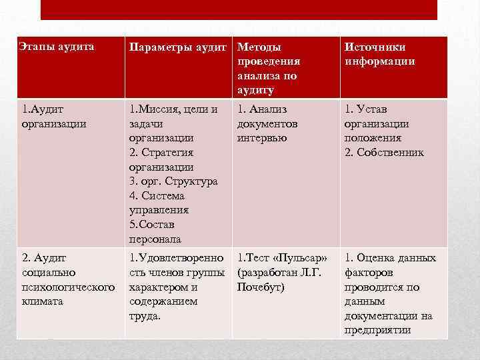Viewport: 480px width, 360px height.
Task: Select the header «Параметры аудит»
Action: coord(179,47)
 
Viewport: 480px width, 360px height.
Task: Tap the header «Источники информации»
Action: coord(379,54)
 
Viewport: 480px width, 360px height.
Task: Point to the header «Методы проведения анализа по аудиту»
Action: coord(268,68)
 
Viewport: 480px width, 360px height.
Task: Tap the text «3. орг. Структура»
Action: coord(173,181)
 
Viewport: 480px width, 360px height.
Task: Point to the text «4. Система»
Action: coord(157,196)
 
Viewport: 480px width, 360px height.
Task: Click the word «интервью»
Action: coord(262,138)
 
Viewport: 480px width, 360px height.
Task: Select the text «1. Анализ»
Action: coord(263,109)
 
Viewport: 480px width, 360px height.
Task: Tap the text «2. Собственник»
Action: coord(383,153)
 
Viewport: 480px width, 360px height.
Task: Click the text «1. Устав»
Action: coord(365,109)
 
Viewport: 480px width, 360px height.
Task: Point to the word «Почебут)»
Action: coord(261,287)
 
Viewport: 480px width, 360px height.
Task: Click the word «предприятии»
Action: coord(377,330)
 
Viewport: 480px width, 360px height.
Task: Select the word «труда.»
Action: coord(145,316)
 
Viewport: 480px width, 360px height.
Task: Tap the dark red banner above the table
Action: coord(239,9)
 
